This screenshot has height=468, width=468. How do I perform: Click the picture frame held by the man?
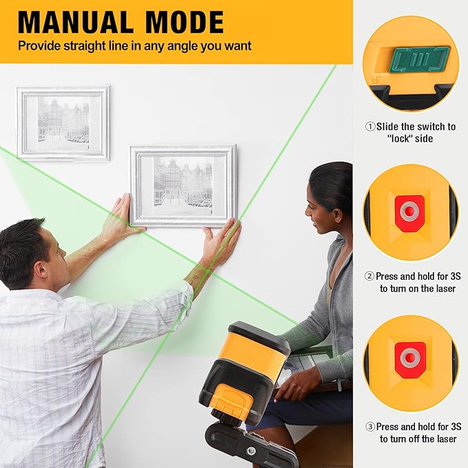pyautogui.click(x=183, y=185)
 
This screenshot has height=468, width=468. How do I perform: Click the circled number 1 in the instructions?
pyautogui.click(x=369, y=127)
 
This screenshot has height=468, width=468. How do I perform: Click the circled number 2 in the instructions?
pyautogui.click(x=369, y=276)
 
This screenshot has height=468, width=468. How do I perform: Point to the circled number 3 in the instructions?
pyautogui.click(x=369, y=427)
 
